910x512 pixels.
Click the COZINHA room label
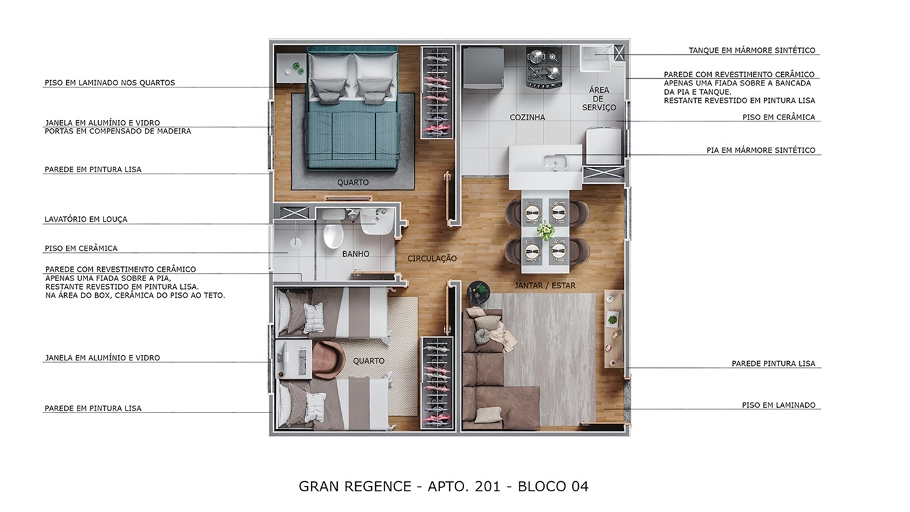coord(527,117)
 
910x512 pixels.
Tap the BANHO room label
coord(355,254)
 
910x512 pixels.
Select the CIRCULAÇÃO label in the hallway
coord(432,258)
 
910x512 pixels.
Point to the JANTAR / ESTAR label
coord(545,286)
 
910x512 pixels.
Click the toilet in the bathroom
coord(332,234)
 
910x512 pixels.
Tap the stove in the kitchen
coord(544,67)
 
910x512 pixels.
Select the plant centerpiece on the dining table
coord(545,231)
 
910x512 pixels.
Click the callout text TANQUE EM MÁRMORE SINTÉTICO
coord(752,51)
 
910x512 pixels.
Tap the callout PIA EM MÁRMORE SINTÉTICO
coord(760,151)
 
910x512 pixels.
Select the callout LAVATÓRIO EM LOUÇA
coord(85,220)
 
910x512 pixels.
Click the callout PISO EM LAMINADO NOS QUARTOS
coord(109,83)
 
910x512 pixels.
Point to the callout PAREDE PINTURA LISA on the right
coord(773,364)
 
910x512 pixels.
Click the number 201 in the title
coord(487,487)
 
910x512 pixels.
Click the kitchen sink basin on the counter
coord(553,162)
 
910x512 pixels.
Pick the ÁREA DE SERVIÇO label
coord(598,99)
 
